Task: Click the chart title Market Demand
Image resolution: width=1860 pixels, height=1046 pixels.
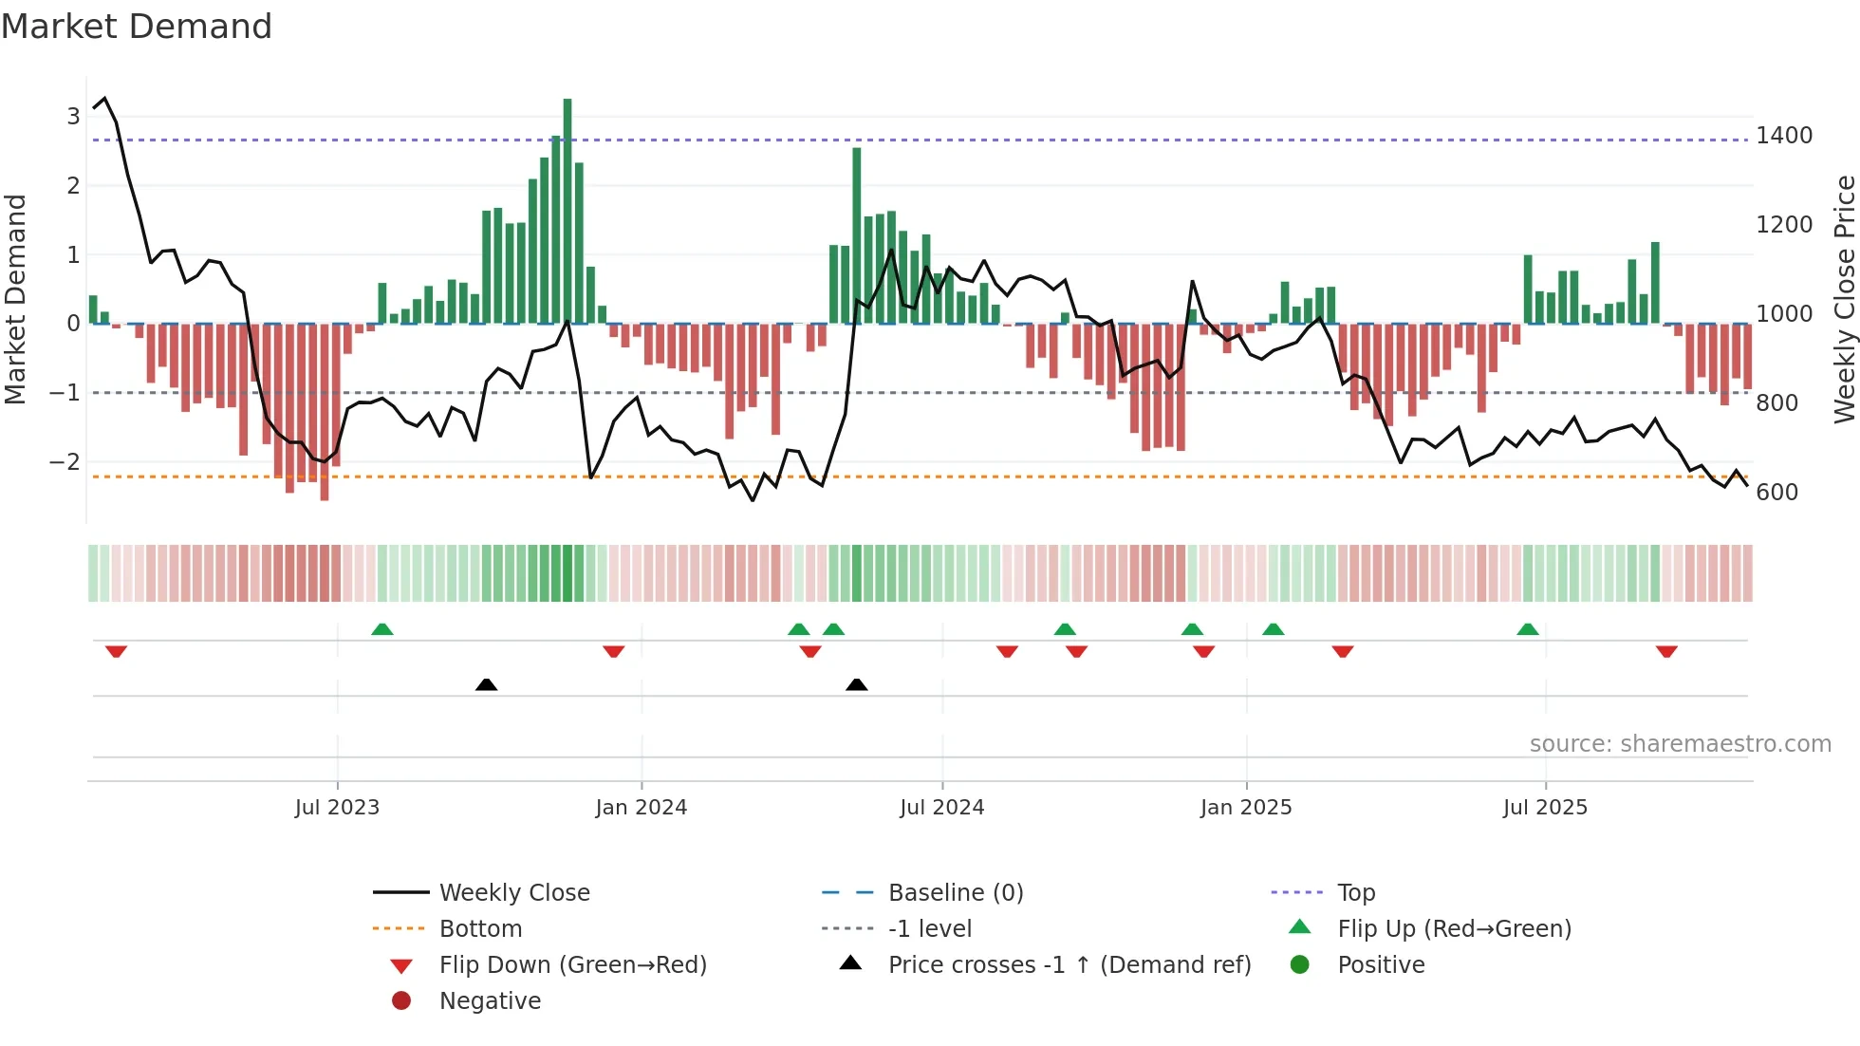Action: pyautogui.click(x=137, y=27)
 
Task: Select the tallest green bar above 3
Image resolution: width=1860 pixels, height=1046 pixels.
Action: pyautogui.click(x=567, y=209)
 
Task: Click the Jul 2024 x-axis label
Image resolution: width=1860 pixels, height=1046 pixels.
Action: pyautogui.click(x=941, y=808)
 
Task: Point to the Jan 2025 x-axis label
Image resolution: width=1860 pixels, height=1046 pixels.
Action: pyautogui.click(x=1245, y=808)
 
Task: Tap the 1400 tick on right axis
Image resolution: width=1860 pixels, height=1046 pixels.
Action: pyautogui.click(x=1784, y=136)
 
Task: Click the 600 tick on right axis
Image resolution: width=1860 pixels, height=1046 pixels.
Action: pyautogui.click(x=1776, y=493)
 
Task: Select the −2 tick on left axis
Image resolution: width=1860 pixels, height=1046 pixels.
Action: pyautogui.click(x=65, y=462)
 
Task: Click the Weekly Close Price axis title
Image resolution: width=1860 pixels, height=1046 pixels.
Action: pyautogui.click(x=1844, y=299)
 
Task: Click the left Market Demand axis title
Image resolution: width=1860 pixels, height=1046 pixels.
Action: pyautogui.click(x=15, y=299)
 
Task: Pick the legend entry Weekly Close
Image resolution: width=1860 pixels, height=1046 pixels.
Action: pyautogui.click(x=513, y=893)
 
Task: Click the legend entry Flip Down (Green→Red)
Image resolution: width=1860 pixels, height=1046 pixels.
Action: pyautogui.click(x=572, y=965)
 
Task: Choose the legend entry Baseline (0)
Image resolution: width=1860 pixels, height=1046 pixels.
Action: pyautogui.click(x=955, y=893)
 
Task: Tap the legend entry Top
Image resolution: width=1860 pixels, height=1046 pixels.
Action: pyautogui.click(x=1355, y=893)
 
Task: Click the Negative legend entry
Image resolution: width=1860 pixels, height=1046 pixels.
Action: pyautogui.click(x=490, y=1001)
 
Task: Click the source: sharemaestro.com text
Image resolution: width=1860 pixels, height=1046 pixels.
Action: pyautogui.click(x=1680, y=744)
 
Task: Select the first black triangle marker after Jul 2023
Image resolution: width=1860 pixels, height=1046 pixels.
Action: pyautogui.click(x=486, y=684)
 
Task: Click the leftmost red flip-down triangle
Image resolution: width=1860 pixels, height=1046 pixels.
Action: pyautogui.click(x=116, y=651)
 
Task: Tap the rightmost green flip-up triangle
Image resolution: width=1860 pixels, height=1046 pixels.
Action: pyautogui.click(x=1527, y=629)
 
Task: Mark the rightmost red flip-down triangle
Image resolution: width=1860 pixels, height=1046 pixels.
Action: pyautogui.click(x=1666, y=651)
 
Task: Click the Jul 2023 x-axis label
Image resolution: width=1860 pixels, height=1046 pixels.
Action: pyautogui.click(x=337, y=808)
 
